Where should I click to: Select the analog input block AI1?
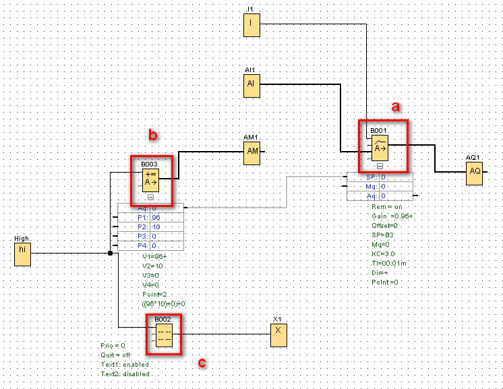click(x=251, y=85)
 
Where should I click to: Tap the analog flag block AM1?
click(x=252, y=152)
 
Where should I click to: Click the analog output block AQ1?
click(x=475, y=172)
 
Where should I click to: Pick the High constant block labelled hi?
click(x=22, y=254)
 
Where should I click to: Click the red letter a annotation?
click(x=396, y=106)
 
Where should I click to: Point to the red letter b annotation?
click(x=154, y=136)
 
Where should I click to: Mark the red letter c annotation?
click(x=202, y=363)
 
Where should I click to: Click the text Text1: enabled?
click(x=125, y=364)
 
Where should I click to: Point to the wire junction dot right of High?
click(x=110, y=254)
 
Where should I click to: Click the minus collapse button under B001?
click(x=380, y=165)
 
